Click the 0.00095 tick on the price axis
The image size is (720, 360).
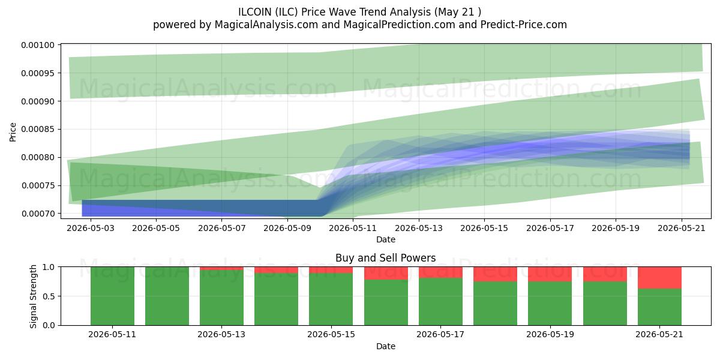[38, 73]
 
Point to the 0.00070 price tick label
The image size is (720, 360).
[38, 214]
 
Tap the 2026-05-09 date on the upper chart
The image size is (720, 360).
[287, 228]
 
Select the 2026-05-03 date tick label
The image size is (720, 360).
[91, 228]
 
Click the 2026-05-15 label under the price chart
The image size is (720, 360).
[484, 228]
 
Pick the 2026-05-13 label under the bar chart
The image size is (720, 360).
[221, 335]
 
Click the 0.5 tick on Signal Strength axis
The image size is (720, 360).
[49, 296]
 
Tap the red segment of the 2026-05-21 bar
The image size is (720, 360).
[659, 278]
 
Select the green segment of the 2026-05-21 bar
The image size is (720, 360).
[659, 307]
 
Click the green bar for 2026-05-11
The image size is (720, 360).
[113, 296]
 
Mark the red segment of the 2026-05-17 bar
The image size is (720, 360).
[440, 272]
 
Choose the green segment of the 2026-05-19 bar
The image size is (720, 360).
[550, 304]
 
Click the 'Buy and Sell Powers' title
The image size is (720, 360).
[386, 258]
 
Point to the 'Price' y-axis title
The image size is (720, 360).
[13, 132]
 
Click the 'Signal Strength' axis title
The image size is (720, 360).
[34, 296]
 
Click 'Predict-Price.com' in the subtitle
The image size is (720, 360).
[524, 25]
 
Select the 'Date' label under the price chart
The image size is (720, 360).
[386, 239]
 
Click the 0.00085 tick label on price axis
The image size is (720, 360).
[38, 130]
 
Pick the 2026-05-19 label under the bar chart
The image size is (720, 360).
[550, 335]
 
